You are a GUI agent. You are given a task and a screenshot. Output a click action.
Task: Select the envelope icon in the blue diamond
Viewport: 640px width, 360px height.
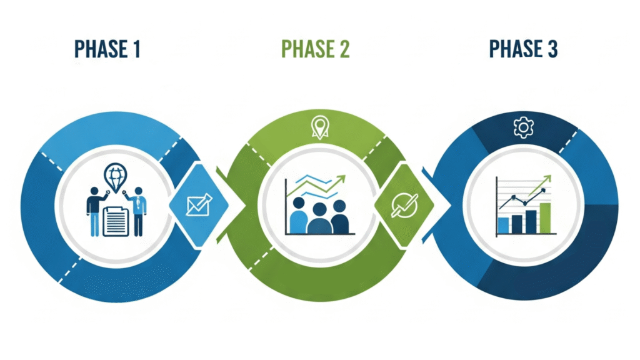click(199, 205)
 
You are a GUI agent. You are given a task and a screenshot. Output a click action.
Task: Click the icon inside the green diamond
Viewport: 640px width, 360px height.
click(400, 205)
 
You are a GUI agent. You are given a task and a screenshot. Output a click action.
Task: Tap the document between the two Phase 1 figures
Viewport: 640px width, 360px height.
click(116, 221)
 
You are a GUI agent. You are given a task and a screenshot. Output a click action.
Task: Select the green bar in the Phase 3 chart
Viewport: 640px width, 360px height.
click(545, 217)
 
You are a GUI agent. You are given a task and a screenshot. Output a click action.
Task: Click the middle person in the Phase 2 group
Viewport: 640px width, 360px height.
click(319, 219)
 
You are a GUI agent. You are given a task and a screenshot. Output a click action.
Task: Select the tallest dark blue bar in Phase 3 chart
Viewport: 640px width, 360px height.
click(531, 221)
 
